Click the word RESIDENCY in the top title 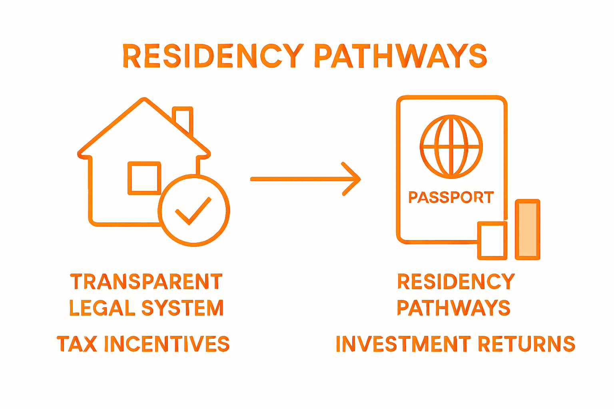[213, 56]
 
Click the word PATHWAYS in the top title [401, 56]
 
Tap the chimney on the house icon [183, 119]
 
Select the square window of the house [144, 178]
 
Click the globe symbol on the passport [451, 147]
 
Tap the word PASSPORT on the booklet [451, 197]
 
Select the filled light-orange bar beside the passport [527, 230]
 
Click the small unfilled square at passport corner [492, 240]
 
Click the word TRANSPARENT [146, 282]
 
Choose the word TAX [77, 344]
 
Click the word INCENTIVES [167, 344]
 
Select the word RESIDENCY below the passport [456, 282]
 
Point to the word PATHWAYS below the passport [454, 308]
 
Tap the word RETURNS [526, 344]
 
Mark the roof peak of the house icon [144, 100]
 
